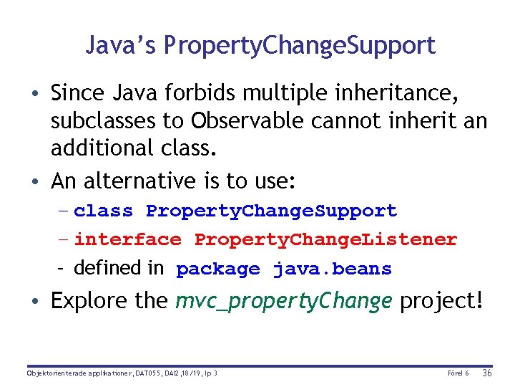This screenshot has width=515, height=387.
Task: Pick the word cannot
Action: click(346, 121)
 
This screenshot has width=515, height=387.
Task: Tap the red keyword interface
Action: click(127, 239)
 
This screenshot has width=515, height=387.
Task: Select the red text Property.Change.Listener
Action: click(325, 239)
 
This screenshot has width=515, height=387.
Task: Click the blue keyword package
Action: click(217, 269)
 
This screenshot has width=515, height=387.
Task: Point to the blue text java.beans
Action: click(332, 269)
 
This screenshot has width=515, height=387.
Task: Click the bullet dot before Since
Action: click(35, 94)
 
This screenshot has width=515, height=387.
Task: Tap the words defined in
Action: click(118, 268)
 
